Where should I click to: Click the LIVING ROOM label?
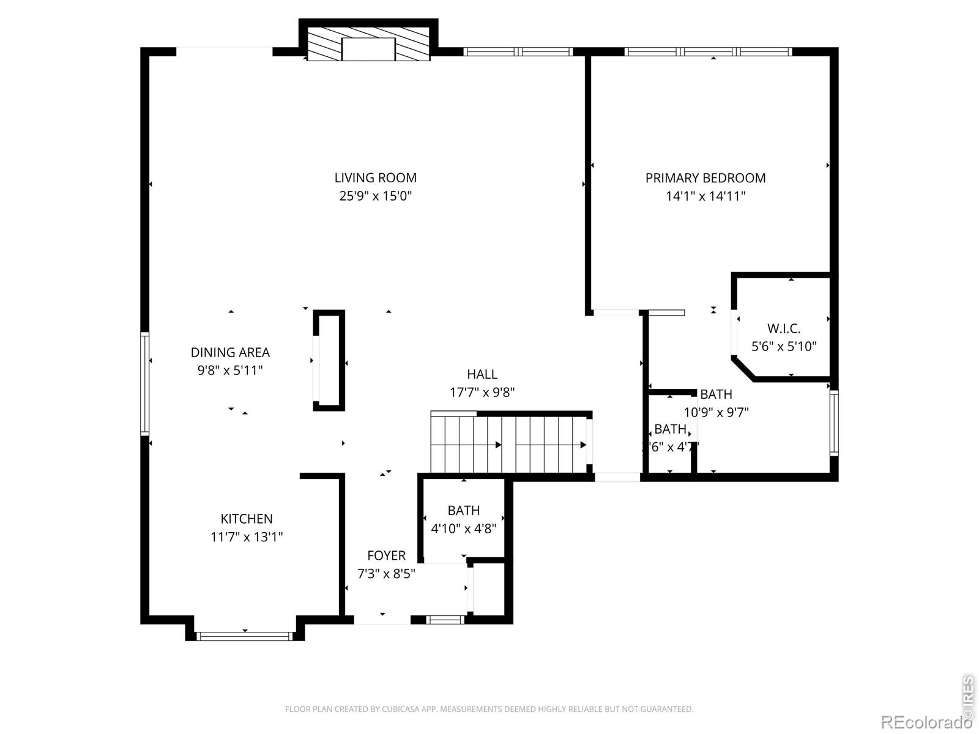[x=375, y=178]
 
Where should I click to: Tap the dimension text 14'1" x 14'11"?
[x=705, y=196]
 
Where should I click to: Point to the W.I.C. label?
[x=784, y=328]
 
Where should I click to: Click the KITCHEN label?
[x=247, y=519]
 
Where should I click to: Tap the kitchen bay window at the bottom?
[x=245, y=636]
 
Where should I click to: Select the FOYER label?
[x=386, y=555]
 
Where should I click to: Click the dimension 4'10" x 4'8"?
[x=463, y=528]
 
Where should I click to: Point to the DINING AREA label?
[x=230, y=352]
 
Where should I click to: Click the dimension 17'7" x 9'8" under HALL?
[x=482, y=393]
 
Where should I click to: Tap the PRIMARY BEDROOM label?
[x=705, y=178]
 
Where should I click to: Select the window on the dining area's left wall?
[x=145, y=383]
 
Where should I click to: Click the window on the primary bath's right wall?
[x=833, y=423]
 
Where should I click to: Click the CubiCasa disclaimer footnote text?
[x=489, y=710]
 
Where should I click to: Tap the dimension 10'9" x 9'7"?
[x=716, y=412]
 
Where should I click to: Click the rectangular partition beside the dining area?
[x=329, y=361]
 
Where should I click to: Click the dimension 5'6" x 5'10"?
[x=784, y=347]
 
